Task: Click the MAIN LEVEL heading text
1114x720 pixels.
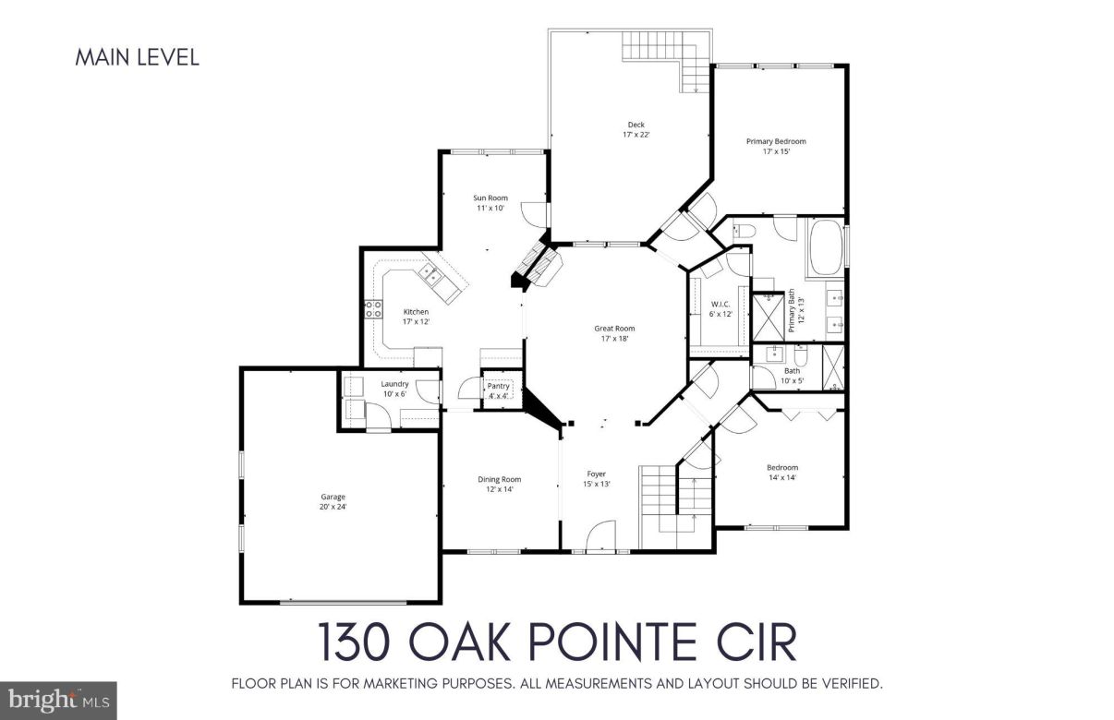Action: pyautogui.click(x=136, y=57)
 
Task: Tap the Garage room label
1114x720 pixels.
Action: pyautogui.click(x=333, y=501)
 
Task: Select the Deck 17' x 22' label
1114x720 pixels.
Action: pyautogui.click(x=636, y=129)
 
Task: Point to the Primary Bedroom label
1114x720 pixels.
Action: pyautogui.click(x=776, y=146)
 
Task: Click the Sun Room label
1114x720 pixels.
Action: pyautogui.click(x=490, y=202)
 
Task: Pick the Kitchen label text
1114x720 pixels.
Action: pyautogui.click(x=416, y=317)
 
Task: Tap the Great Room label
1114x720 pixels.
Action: pyautogui.click(x=613, y=333)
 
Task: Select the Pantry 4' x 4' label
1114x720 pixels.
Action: pyautogui.click(x=499, y=390)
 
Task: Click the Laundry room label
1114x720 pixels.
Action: pyautogui.click(x=394, y=389)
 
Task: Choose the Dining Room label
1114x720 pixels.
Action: pyautogui.click(x=499, y=484)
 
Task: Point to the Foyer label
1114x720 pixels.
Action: pyautogui.click(x=596, y=478)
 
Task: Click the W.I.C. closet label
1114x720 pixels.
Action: pyautogui.click(x=720, y=308)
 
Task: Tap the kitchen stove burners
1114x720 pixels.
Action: pyautogui.click(x=375, y=309)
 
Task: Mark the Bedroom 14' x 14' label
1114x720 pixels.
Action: pyautogui.click(x=782, y=472)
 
